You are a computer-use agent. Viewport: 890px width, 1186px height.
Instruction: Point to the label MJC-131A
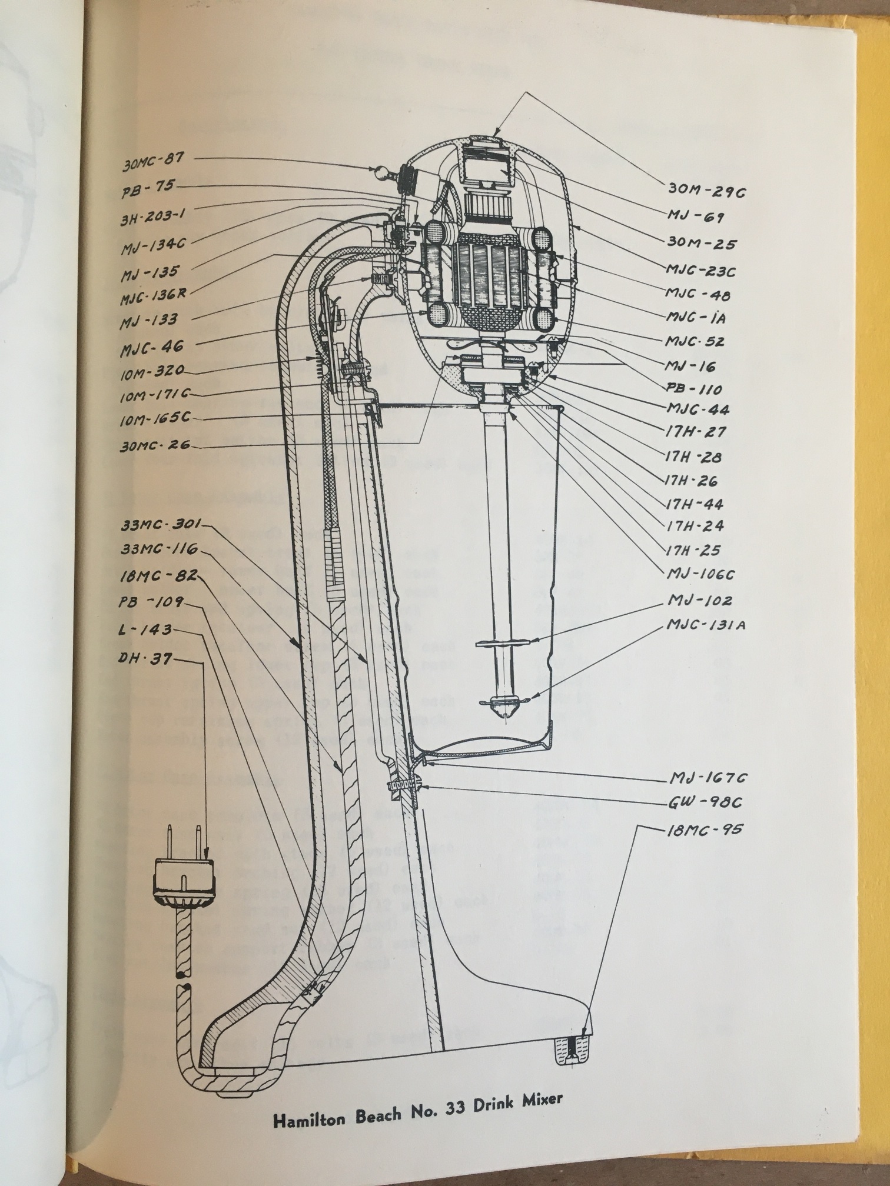click(x=706, y=624)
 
